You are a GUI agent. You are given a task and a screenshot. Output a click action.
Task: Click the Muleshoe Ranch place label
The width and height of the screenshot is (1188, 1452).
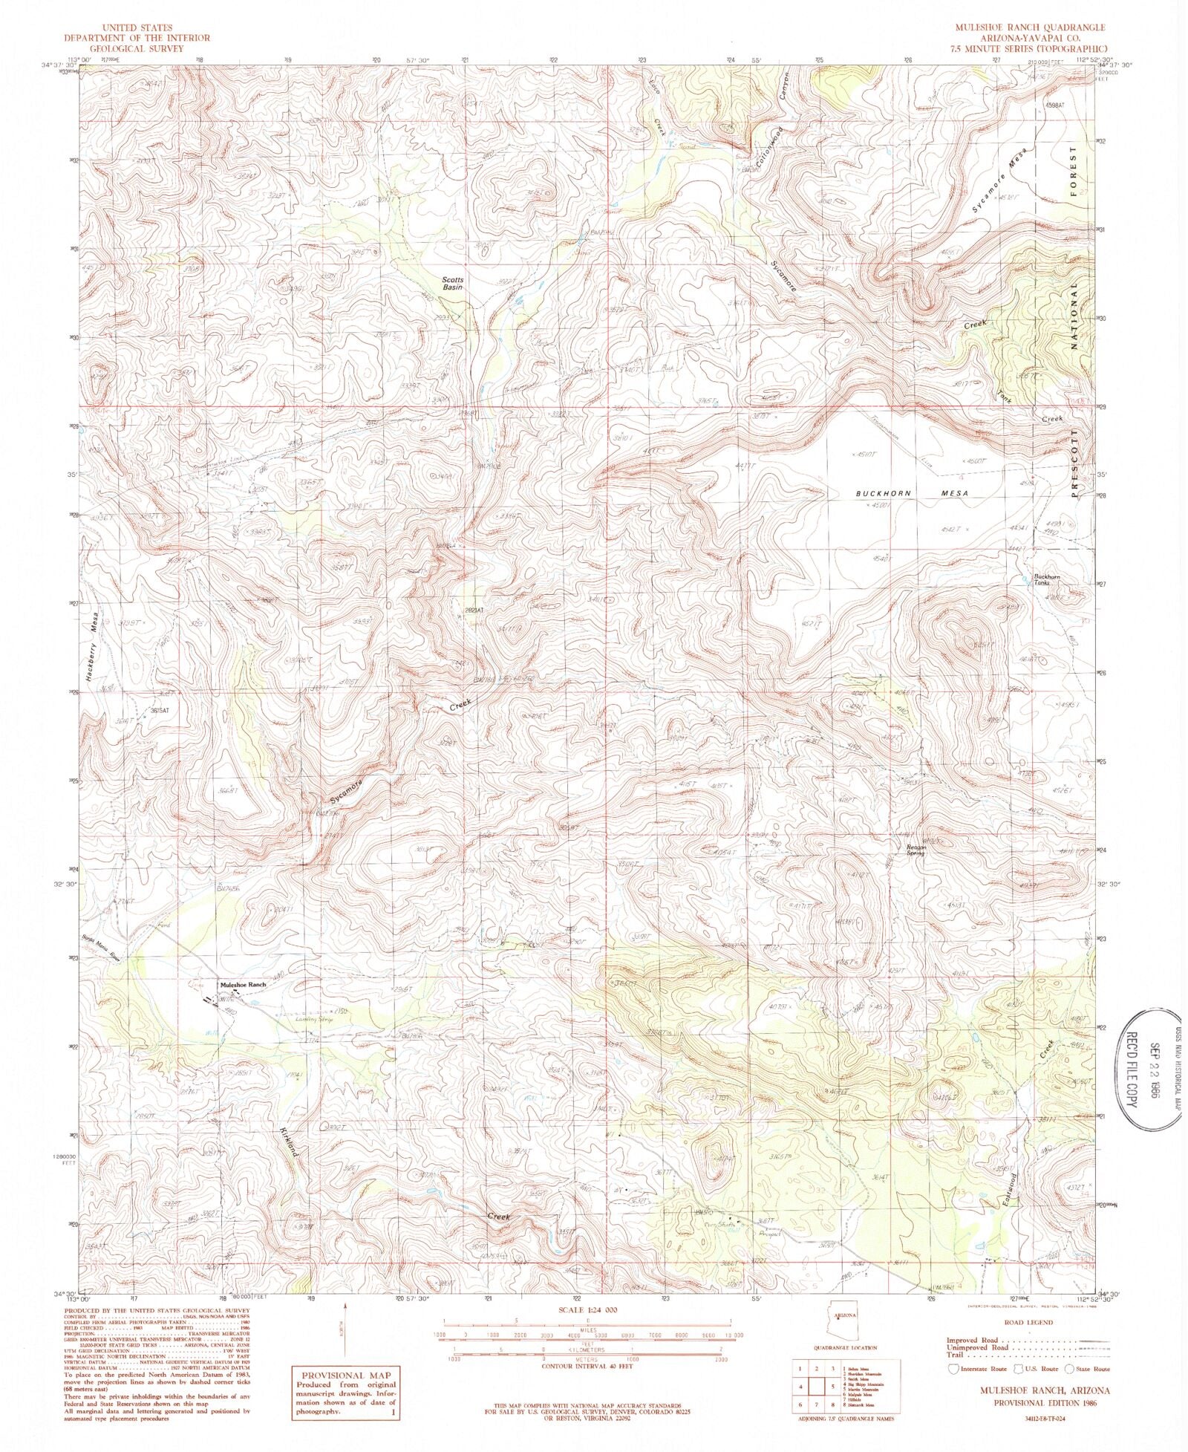pos(241,985)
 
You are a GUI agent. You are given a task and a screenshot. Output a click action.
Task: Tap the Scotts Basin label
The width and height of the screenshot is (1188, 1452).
pos(448,283)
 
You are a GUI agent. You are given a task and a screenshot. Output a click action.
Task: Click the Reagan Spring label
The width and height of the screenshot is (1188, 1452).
pos(913,850)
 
